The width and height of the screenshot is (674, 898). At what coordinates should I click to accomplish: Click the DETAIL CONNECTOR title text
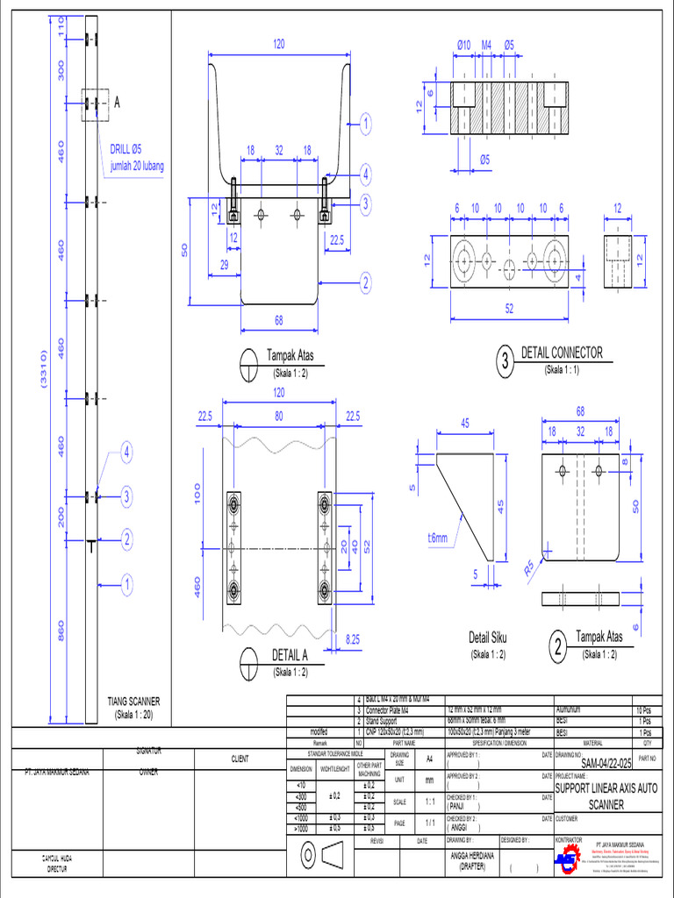[562, 353]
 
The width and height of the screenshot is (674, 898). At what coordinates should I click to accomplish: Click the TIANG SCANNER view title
[133, 702]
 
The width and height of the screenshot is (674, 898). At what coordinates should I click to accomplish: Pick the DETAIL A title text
[290, 654]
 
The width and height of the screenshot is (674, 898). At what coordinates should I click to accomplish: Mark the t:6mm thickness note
[437, 538]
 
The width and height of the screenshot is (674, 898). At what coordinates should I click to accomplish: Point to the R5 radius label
[530, 567]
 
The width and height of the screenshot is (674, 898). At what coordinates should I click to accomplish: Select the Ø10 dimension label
[464, 45]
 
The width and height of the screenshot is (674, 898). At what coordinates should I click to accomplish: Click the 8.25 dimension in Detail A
[354, 641]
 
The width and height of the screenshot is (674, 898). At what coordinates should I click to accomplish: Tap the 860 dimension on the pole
[61, 631]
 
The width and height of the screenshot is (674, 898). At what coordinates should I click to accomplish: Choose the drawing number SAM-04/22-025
[594, 765]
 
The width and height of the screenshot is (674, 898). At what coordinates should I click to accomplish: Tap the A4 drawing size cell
[429, 759]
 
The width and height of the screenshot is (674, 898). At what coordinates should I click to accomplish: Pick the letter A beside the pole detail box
[116, 103]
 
